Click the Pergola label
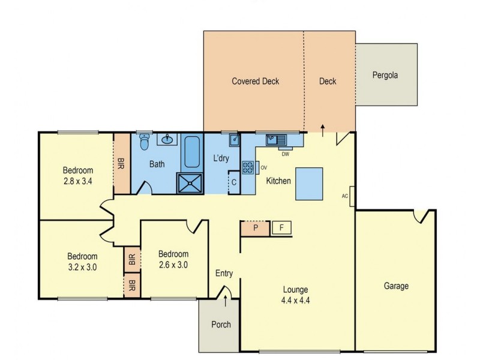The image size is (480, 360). (x=385, y=76)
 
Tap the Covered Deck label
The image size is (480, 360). (x=256, y=82)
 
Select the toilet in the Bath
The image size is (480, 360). (x=144, y=142)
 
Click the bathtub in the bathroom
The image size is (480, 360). (x=192, y=152)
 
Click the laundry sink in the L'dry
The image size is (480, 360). (x=235, y=140)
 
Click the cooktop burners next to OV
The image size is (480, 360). (x=248, y=167)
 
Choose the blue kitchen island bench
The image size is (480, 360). (x=310, y=185)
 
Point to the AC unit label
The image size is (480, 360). (x=345, y=196)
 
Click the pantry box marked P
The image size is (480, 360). (x=254, y=228)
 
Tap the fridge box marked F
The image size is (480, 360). (x=281, y=228)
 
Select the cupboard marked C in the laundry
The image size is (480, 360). (x=234, y=182)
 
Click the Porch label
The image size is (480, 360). (x=221, y=325)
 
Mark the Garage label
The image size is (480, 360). (x=396, y=286)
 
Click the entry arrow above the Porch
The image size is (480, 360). (x=226, y=293)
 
